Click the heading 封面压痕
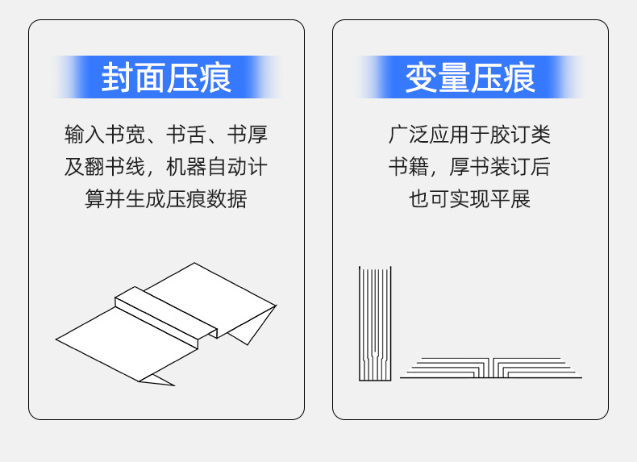(x=166, y=77)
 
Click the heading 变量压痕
(x=470, y=77)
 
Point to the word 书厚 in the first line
(x=247, y=135)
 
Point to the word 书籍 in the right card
(x=409, y=167)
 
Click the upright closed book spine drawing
(x=375, y=323)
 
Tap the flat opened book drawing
(x=490, y=368)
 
